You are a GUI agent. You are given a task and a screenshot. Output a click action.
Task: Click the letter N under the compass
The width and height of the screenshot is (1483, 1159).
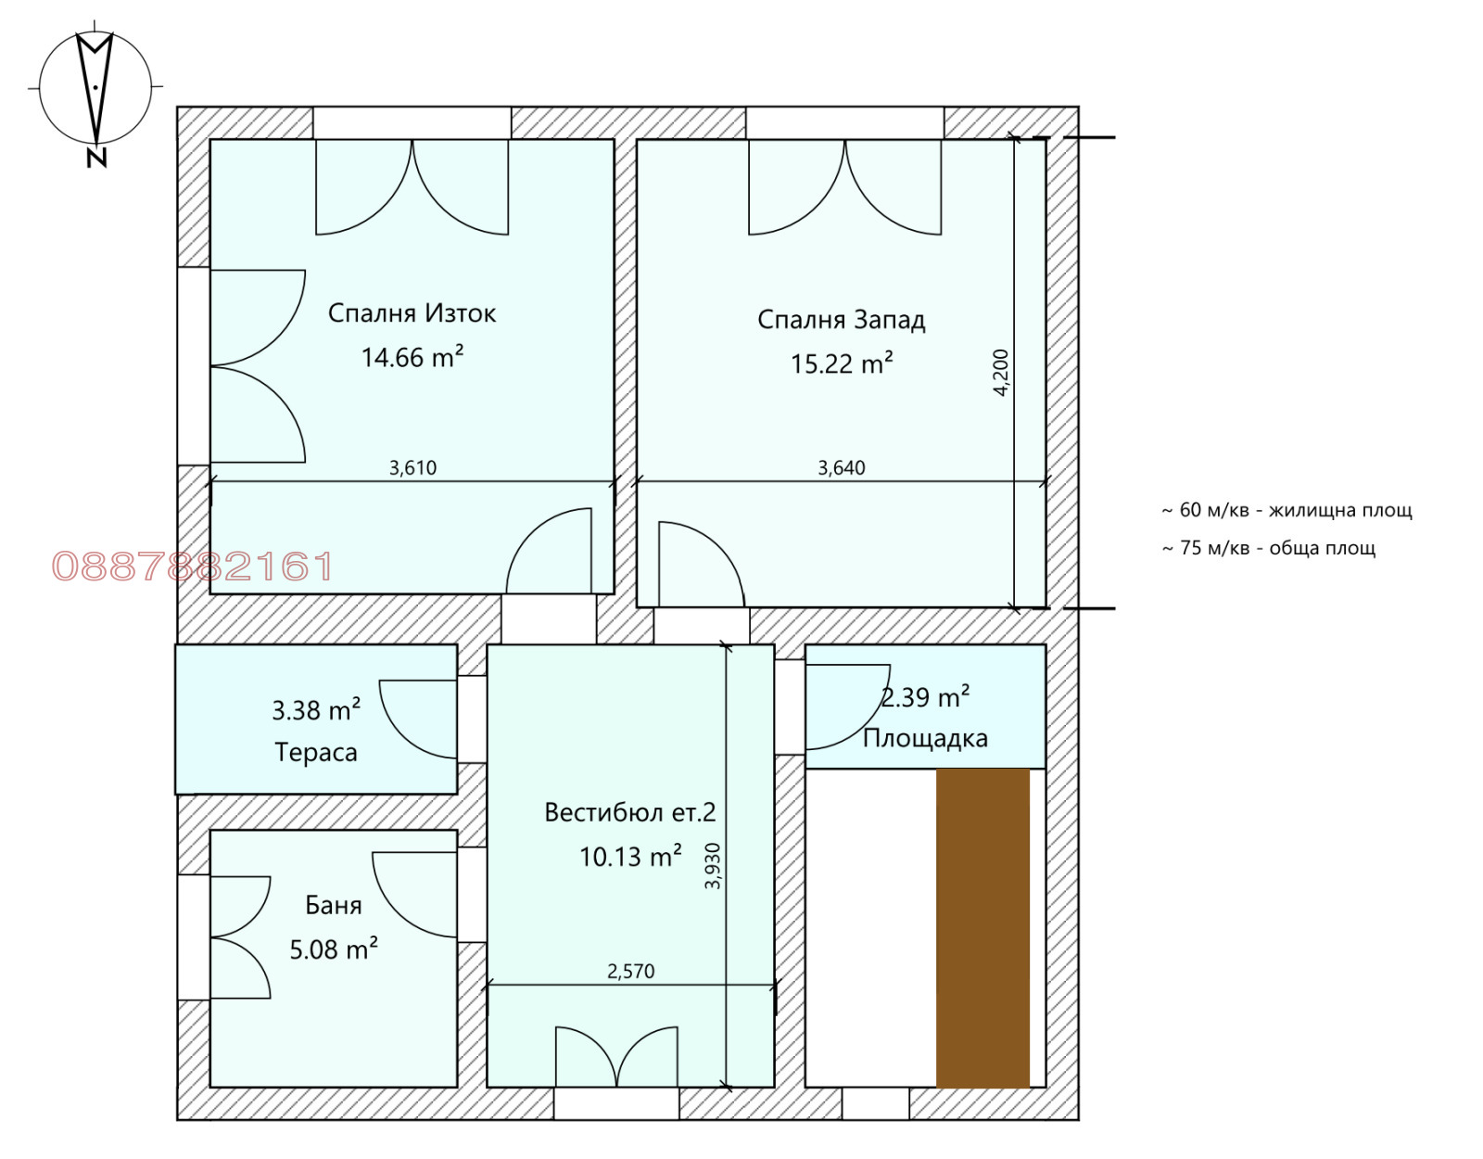(97, 158)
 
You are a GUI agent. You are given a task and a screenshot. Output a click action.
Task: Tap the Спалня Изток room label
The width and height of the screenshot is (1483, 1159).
(412, 313)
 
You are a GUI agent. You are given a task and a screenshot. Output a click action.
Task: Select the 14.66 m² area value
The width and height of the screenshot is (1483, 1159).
(412, 357)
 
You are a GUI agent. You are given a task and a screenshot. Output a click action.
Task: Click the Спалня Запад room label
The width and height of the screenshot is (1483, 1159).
(841, 320)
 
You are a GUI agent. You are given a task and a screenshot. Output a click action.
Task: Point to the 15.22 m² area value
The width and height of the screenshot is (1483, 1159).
(842, 363)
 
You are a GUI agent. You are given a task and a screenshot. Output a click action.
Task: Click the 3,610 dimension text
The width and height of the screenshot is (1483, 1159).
(412, 467)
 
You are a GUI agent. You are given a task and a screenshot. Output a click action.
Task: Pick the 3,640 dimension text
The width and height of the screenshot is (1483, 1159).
(842, 467)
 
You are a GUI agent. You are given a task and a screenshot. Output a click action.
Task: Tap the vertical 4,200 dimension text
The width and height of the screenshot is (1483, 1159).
(1000, 373)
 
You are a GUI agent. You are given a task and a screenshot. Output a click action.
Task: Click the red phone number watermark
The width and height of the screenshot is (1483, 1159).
(193, 566)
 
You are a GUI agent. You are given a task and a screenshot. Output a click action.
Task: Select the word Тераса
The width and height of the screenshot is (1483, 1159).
(316, 752)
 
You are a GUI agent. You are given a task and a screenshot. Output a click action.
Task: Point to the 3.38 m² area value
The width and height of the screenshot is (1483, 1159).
(316, 710)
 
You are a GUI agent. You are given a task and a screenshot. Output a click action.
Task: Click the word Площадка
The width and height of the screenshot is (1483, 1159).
(925, 739)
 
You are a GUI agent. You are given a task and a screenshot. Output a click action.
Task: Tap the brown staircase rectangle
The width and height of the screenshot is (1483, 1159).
(982, 927)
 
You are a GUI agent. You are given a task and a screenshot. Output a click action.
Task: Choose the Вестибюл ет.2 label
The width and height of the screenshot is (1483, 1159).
(630, 812)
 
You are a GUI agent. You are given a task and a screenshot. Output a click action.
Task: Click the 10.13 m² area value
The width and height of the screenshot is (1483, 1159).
(630, 856)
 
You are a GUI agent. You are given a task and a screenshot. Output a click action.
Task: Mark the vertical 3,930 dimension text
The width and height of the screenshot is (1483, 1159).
(713, 865)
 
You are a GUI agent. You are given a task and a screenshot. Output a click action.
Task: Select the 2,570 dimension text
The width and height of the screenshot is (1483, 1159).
(630, 971)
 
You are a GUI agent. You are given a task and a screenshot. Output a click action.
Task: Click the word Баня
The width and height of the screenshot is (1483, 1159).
(333, 905)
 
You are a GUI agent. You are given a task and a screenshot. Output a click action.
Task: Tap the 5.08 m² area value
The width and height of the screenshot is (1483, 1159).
(334, 949)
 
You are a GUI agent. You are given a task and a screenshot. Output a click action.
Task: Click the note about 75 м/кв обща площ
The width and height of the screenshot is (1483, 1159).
(1269, 548)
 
